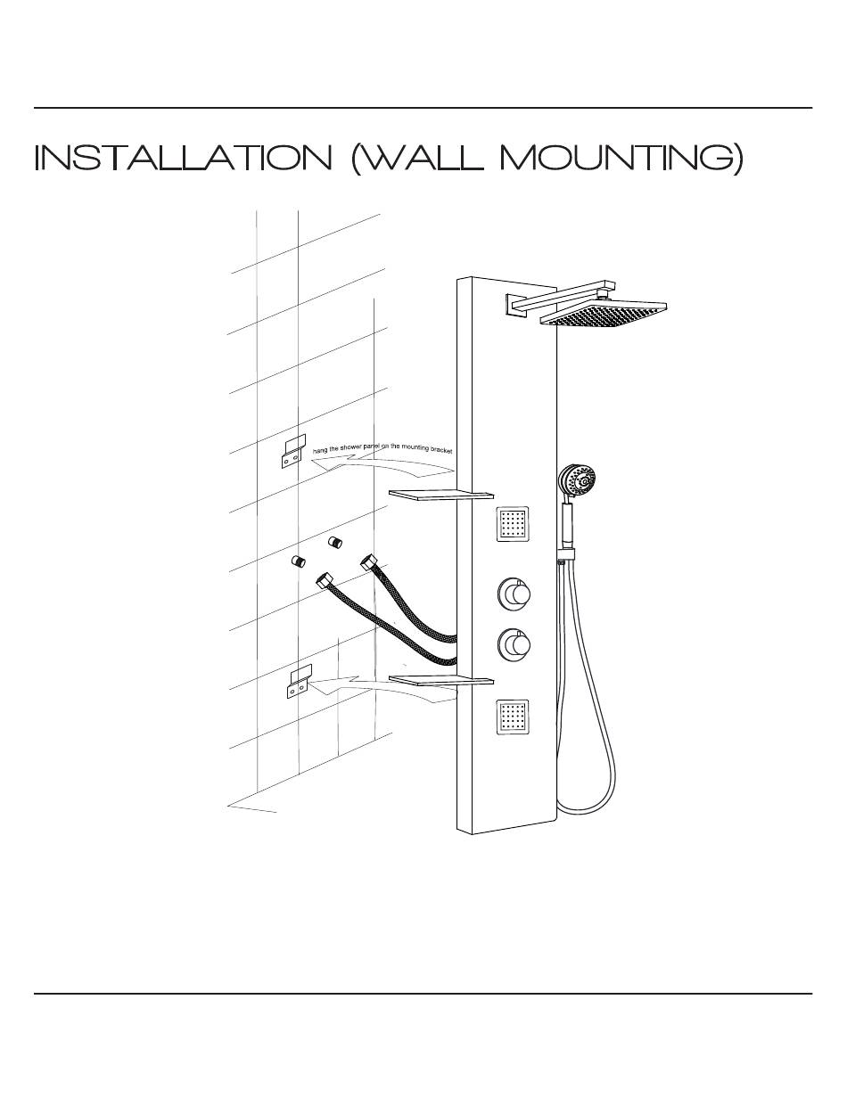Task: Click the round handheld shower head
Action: (577, 481)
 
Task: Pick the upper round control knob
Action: (514, 593)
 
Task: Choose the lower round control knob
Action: (514, 643)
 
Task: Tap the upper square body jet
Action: (513, 524)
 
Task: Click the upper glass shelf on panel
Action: (440, 494)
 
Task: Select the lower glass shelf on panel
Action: (441, 682)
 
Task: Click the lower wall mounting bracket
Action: (298, 682)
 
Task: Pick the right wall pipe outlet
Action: (335, 543)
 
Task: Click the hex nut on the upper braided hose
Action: (368, 562)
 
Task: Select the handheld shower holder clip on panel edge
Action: (565, 556)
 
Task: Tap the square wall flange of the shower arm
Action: (517, 305)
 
